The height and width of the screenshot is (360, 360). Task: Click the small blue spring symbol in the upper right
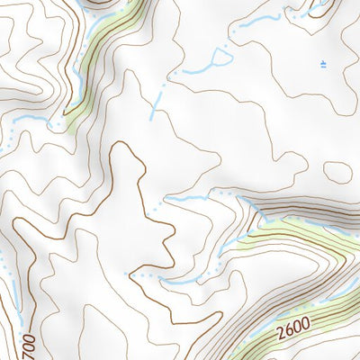[322, 63]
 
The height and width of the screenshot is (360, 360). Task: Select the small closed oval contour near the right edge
[337, 171]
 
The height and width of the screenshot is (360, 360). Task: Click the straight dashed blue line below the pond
[157, 101]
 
